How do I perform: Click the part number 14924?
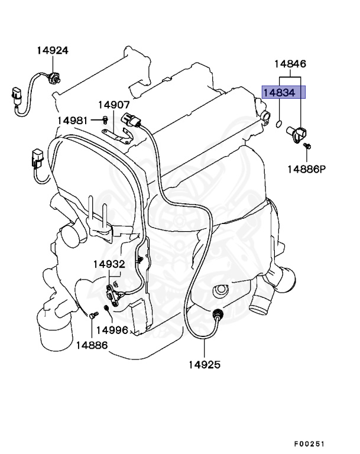pos(52,50)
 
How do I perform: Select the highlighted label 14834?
pos(283,93)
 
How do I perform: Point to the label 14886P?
pos(307,169)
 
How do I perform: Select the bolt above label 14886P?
pos(307,145)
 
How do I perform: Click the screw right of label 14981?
pos(104,121)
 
